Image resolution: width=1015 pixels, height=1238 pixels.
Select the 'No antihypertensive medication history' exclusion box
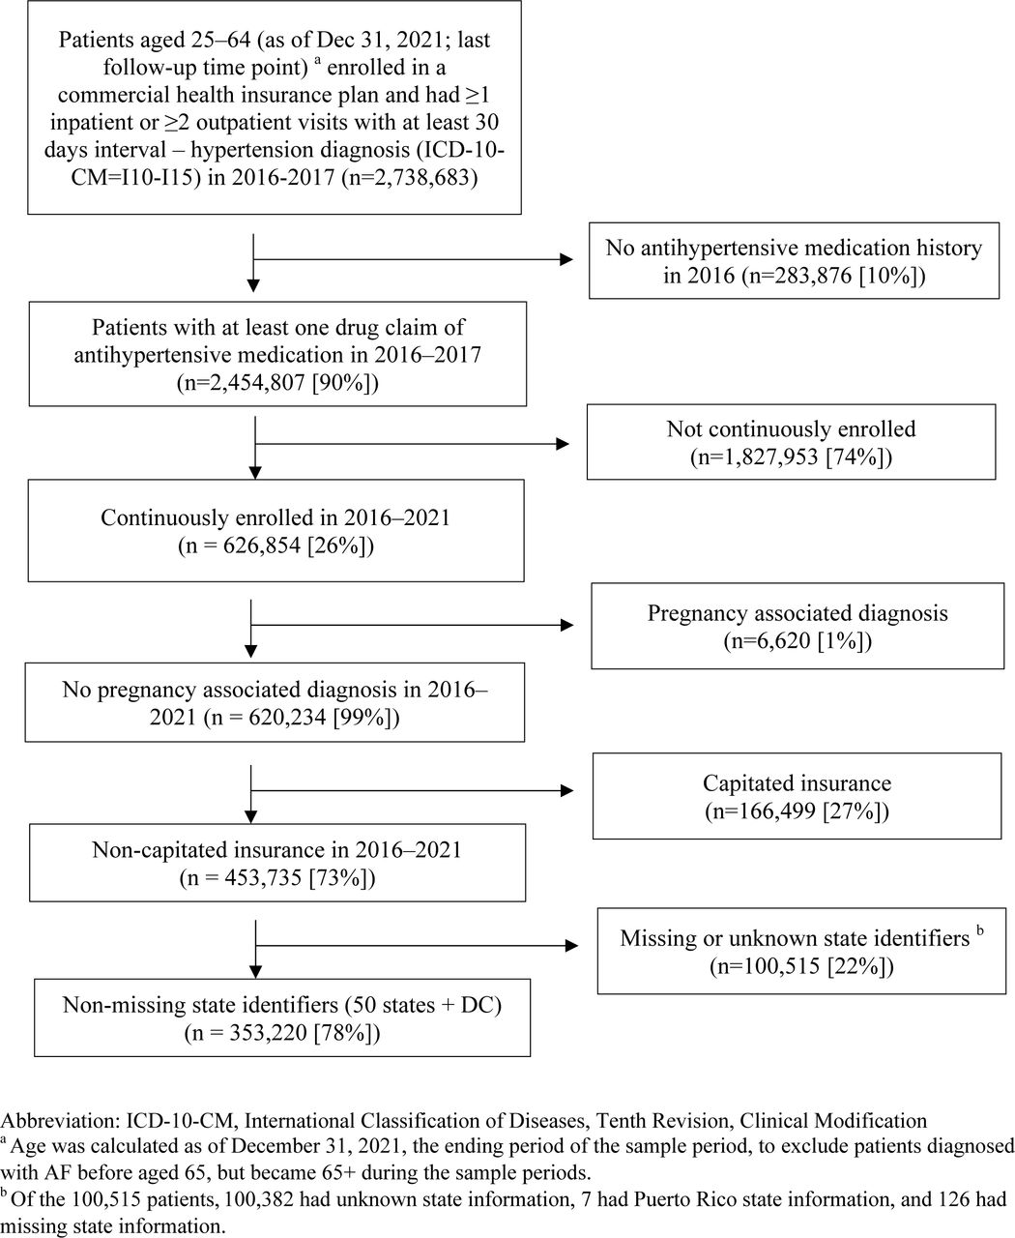point(794,260)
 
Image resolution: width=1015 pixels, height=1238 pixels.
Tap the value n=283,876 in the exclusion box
point(797,275)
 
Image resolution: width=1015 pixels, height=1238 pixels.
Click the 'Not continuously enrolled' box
point(791,442)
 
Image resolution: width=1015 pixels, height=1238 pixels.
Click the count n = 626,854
point(244,545)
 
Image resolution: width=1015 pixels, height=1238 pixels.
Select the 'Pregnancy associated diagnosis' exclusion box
point(797,626)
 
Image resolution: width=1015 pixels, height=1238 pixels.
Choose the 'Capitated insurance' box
point(797,796)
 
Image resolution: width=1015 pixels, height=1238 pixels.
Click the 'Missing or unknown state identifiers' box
point(801,951)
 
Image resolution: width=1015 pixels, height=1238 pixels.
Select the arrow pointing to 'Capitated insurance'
point(412,791)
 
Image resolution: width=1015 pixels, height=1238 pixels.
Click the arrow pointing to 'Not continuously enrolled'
point(412,444)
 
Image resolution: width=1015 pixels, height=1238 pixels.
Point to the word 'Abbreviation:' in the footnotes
point(61,1121)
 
